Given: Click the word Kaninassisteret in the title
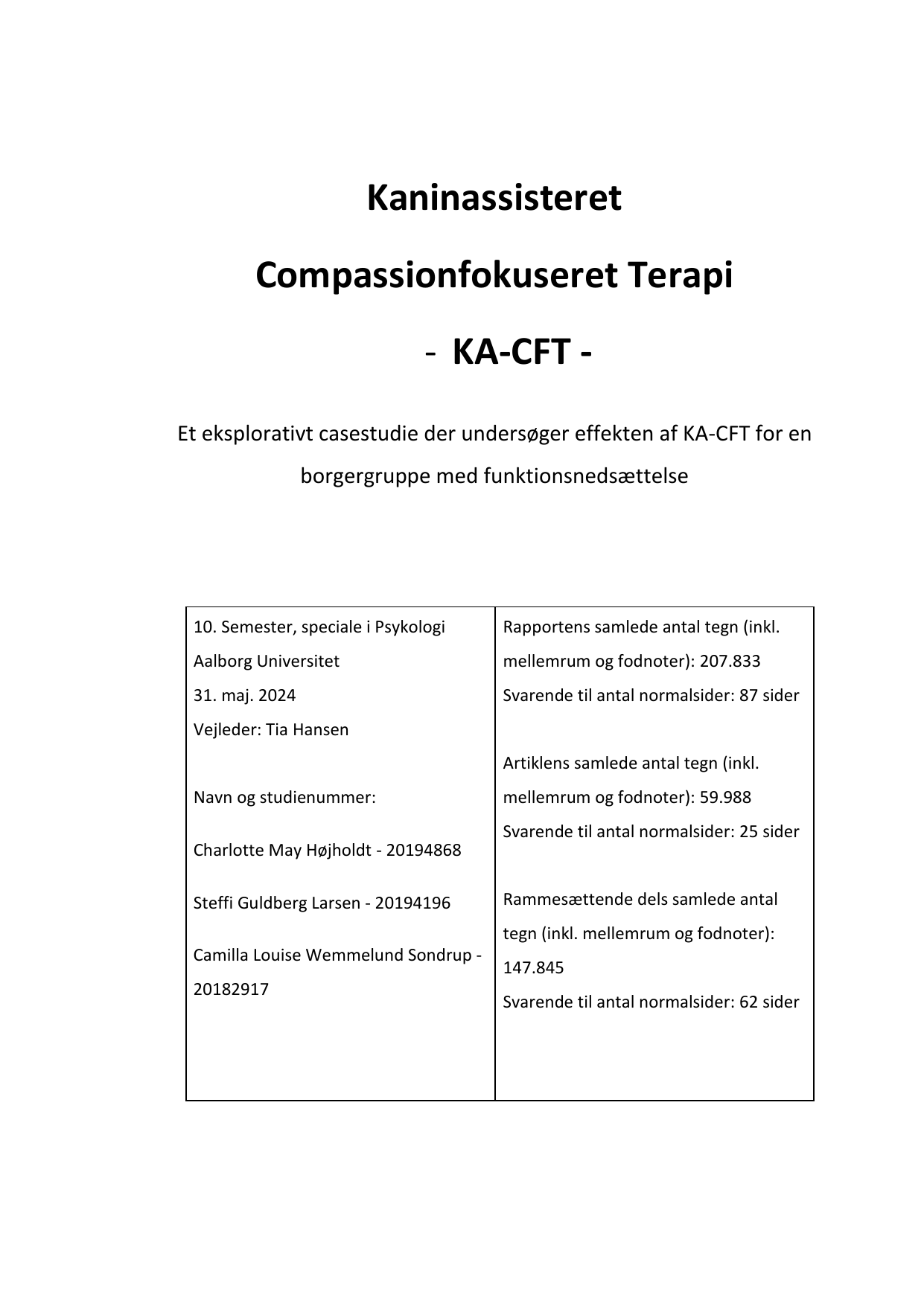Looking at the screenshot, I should pos(494,199).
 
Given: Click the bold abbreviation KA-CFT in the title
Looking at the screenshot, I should pos(512,352).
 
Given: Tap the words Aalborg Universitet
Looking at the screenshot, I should pos(266,661).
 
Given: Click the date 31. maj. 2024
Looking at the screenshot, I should pos(244,695).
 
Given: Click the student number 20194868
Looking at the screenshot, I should pos(424,850).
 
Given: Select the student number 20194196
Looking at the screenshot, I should pos(412,903).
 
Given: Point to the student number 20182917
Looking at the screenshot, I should pos(231,989).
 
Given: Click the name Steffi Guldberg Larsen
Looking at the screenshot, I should pos(276,903).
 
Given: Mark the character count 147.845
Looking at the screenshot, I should pos(533,967).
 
